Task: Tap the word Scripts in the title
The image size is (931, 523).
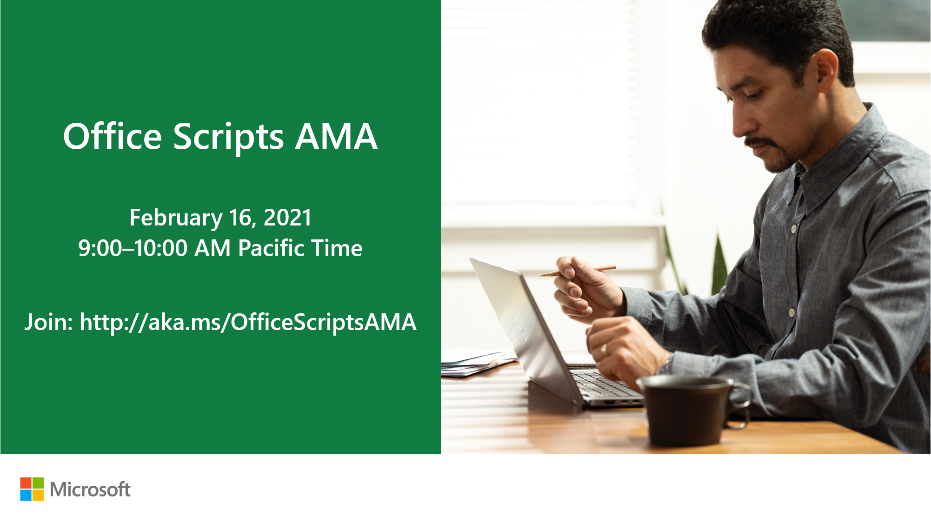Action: pyautogui.click(x=228, y=138)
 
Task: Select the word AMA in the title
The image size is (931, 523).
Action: pyautogui.click(x=336, y=137)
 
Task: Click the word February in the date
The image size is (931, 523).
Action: pyautogui.click(x=176, y=218)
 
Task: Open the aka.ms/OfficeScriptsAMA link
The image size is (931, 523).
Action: pyautogui.click(x=248, y=322)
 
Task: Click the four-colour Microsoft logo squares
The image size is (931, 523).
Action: pyautogui.click(x=32, y=489)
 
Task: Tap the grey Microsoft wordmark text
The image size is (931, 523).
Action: pyautogui.click(x=90, y=490)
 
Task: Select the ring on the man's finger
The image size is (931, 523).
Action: pyautogui.click(x=604, y=349)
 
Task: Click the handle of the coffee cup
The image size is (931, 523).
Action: pyautogui.click(x=739, y=404)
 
